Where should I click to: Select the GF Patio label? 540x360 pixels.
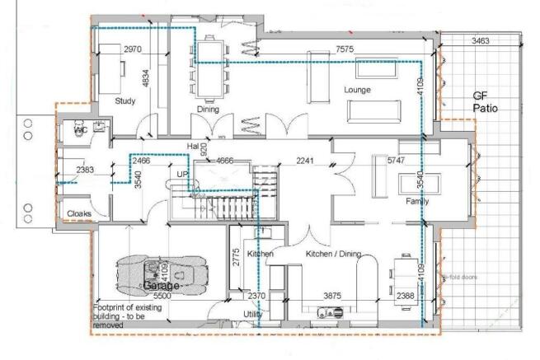point(486,102)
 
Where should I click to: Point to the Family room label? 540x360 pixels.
point(417,202)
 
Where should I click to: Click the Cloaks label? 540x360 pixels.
point(79,213)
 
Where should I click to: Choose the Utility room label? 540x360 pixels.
point(253,315)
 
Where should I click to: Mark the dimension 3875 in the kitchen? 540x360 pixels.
point(332,296)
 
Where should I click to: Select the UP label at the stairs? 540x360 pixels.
point(183,175)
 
